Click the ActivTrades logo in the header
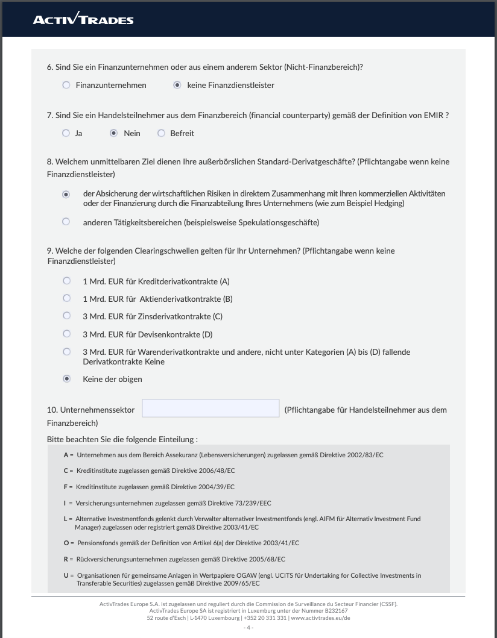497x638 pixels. point(83,20)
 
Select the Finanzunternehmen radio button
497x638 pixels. point(66,85)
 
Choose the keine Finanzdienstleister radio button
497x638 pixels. point(177,85)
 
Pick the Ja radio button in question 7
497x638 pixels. point(66,133)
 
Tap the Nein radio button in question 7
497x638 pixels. point(113,133)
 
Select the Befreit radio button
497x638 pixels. point(161,133)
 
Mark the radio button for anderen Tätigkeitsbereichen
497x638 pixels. point(66,222)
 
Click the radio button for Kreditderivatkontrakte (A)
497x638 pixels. point(67,281)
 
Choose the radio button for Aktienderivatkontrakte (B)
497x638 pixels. point(67,298)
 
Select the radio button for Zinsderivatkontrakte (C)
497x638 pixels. point(67,316)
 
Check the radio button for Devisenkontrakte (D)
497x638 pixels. point(67,334)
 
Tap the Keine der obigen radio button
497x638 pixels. point(67,379)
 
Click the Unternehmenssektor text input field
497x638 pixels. point(211,408)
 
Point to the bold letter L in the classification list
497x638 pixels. point(65,519)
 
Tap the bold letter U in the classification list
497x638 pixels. point(65,575)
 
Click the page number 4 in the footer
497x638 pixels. point(248,627)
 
